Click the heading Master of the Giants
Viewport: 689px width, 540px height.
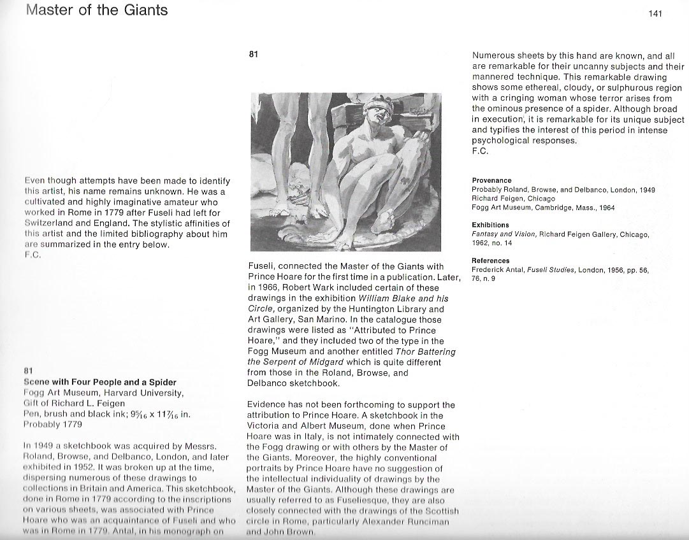(x=97, y=11)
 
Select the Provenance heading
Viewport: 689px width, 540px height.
(x=491, y=181)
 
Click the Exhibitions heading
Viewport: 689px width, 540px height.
(x=490, y=225)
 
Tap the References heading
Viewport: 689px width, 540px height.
(x=490, y=260)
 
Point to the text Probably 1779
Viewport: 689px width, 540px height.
(x=54, y=424)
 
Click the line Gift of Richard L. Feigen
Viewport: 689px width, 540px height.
(x=75, y=403)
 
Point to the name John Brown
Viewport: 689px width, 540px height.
(x=281, y=532)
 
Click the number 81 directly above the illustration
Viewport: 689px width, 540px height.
(x=253, y=55)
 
